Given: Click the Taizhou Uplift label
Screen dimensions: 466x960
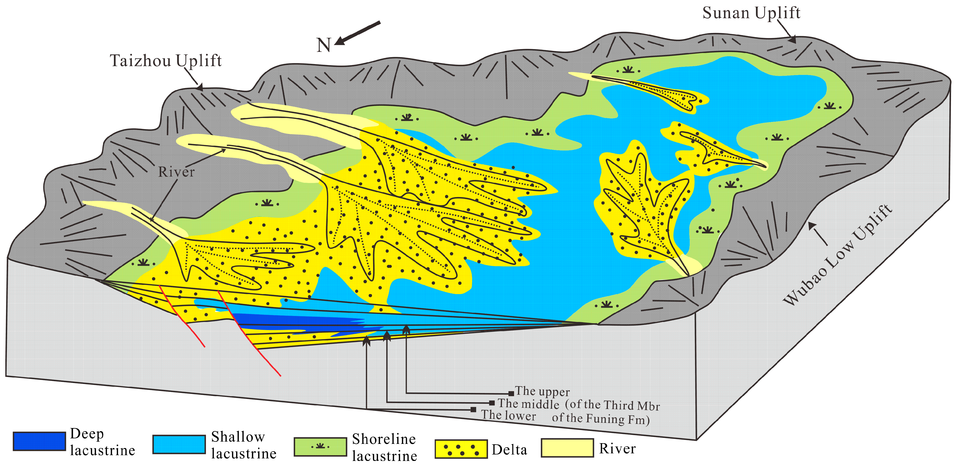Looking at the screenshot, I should point(166,61).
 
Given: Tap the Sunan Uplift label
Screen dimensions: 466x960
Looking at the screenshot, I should point(751,13).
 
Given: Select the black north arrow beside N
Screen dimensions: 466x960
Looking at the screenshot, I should point(358,33).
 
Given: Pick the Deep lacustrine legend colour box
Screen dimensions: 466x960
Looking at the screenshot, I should point(39,441).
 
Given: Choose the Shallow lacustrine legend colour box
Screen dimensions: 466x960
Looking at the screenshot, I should point(179,444).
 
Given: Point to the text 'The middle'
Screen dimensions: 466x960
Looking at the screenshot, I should point(529,403).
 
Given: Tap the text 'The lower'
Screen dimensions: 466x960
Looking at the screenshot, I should point(508,415).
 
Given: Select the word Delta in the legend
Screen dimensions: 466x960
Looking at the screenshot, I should point(509,450).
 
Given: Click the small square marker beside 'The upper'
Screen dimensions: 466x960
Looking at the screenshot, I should point(511,394).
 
